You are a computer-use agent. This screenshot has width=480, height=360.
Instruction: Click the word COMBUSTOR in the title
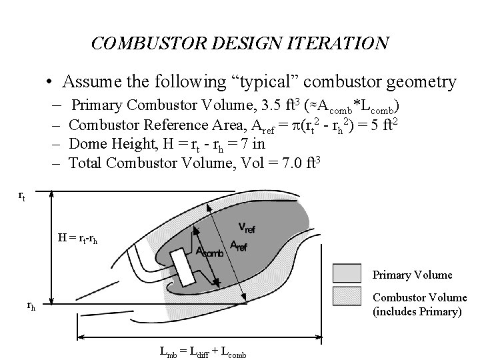coord(138,44)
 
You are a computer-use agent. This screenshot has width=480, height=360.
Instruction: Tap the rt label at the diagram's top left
coord(22,196)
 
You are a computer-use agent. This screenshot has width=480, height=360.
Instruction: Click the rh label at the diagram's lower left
coord(31,306)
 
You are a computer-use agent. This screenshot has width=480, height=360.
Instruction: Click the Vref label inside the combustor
coord(246,229)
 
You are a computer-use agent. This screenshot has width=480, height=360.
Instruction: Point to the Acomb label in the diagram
coord(209,251)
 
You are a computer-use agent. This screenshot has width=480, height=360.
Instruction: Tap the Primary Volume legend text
coord(411,275)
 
